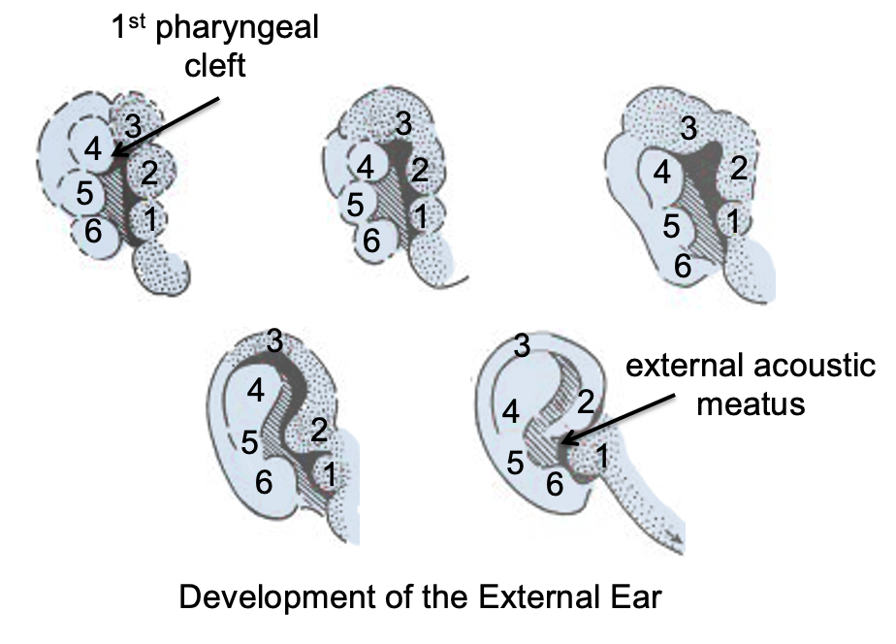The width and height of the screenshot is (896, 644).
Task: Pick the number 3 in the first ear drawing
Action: (134, 125)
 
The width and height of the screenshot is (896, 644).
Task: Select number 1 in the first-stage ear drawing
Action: (149, 219)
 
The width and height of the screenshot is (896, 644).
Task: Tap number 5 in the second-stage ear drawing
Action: (355, 205)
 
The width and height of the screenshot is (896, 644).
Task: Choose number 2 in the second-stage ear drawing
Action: (420, 170)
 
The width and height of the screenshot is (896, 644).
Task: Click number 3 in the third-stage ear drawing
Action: (688, 127)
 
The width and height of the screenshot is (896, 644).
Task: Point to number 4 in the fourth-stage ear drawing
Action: (256, 390)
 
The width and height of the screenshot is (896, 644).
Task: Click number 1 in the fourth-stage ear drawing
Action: (330, 475)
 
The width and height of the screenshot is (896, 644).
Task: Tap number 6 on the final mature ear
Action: (555, 481)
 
